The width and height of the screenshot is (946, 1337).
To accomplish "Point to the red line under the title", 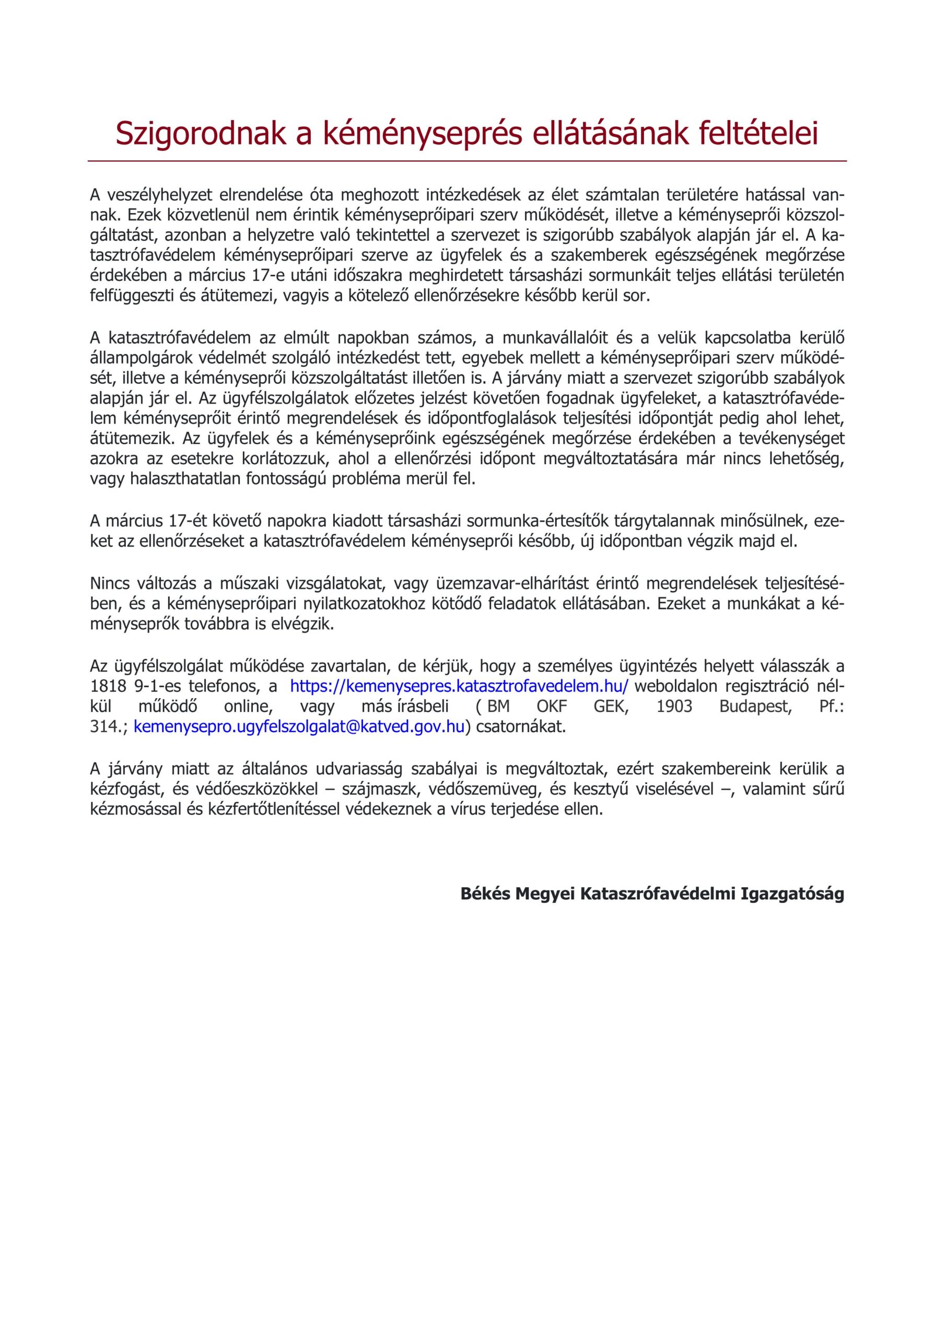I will (467, 161).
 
